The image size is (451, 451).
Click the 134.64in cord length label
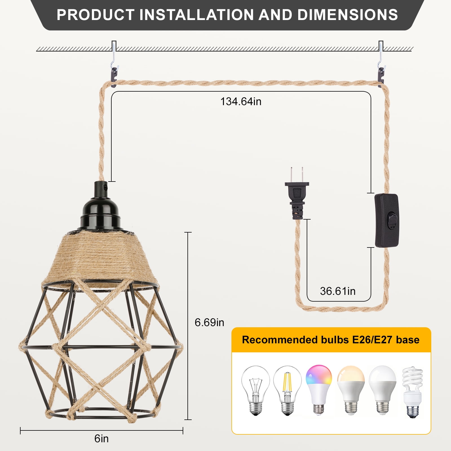[x=241, y=101]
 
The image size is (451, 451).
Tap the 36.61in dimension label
[x=337, y=291]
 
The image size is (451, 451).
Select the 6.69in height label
[x=209, y=322]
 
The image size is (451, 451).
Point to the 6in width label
[x=101, y=439]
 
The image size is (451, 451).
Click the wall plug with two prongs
[x=297, y=194]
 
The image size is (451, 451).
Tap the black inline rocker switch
[x=386, y=220]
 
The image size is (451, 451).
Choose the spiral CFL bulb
[x=412, y=392]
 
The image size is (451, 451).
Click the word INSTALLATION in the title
[x=197, y=15]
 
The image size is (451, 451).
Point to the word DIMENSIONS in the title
[x=347, y=15]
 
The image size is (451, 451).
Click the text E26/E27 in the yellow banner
[x=372, y=340]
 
